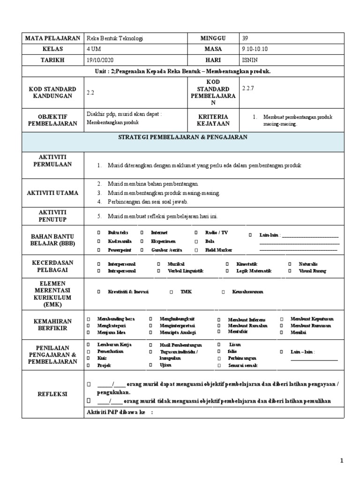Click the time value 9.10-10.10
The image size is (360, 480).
(x=255, y=49)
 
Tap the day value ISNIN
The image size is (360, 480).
(x=249, y=60)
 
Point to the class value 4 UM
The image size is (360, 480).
(x=93, y=49)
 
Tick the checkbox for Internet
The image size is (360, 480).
(x=141, y=232)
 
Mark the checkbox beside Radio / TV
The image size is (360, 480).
(x=195, y=232)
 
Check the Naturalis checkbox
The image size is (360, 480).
(x=289, y=264)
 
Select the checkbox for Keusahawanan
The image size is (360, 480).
(x=223, y=292)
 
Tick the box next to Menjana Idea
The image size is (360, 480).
(x=88, y=332)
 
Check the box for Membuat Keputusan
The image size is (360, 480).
(x=281, y=319)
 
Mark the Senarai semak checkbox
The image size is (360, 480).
(x=218, y=365)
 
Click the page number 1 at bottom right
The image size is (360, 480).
(x=343, y=462)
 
